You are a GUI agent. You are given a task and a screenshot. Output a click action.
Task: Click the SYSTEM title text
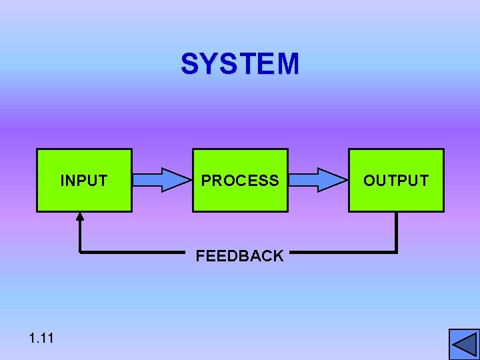coord(240,65)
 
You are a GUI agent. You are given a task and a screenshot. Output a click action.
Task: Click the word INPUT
coord(84,181)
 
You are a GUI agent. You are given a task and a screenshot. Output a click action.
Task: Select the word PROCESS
coord(240,181)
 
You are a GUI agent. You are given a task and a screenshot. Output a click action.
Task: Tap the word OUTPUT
coord(396,181)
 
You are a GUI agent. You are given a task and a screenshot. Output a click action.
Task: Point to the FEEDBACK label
coord(240,256)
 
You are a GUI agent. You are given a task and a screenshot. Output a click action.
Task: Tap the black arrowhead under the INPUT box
coord(80,216)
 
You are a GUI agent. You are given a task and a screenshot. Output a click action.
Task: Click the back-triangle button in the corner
coord(464,344)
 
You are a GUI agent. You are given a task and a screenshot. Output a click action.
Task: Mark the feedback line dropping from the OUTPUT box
coord(397,232)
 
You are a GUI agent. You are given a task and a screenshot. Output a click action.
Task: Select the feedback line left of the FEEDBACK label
coord(133,253)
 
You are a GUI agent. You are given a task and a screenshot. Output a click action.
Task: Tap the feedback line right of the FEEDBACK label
coord(343,253)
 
